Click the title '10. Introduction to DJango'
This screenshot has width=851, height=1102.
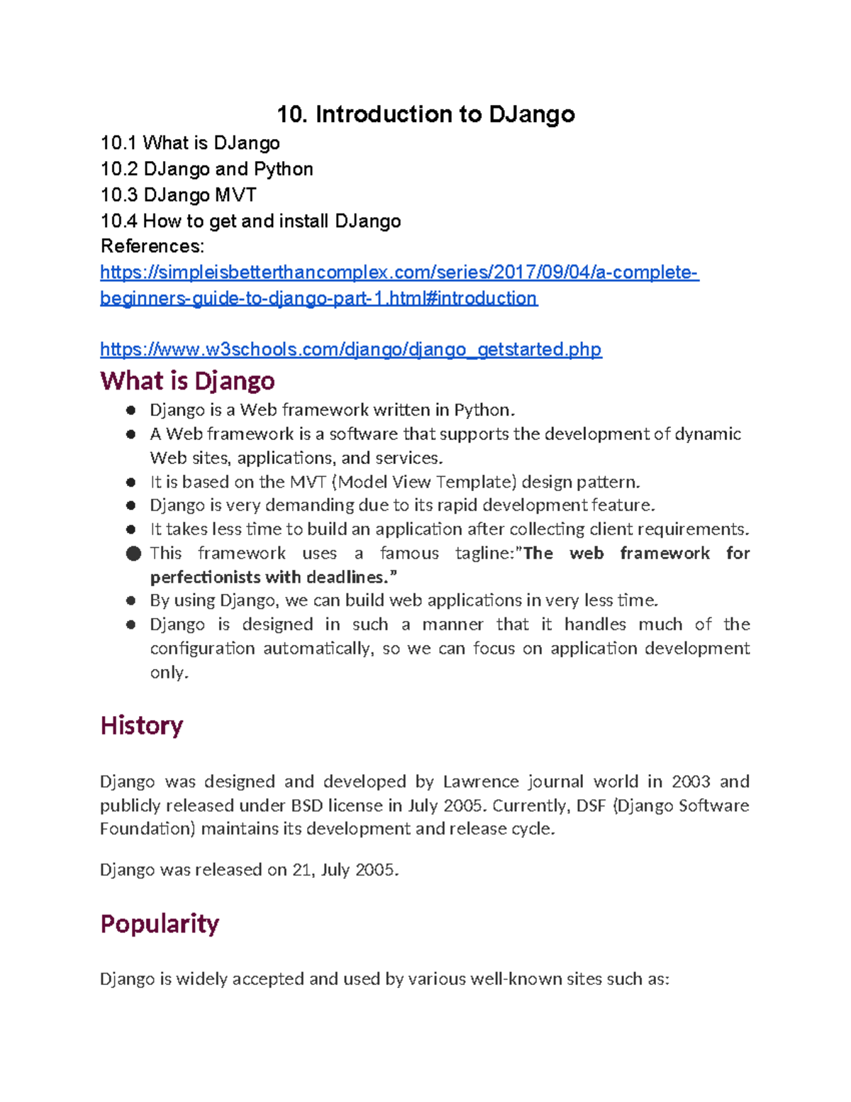425,114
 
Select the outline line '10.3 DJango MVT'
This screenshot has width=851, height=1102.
178,195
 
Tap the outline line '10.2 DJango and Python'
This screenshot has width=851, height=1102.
206,169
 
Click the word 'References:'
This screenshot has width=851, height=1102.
152,246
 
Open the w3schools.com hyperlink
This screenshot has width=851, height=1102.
350,349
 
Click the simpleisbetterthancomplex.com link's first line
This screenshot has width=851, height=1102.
399,272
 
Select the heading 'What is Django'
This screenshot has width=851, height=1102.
187,381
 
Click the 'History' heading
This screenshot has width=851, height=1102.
142,725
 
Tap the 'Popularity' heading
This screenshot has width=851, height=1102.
160,923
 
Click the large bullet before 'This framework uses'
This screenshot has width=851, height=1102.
133,553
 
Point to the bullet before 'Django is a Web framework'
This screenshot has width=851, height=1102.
130,410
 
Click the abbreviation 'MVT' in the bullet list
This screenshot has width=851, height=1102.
308,483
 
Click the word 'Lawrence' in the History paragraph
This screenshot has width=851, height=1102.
481,782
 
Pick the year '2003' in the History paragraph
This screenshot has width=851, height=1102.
691,782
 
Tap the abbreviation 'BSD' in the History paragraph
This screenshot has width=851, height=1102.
306,806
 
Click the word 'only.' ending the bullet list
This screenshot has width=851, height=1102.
169,673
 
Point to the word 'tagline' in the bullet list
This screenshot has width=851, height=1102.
482,553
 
